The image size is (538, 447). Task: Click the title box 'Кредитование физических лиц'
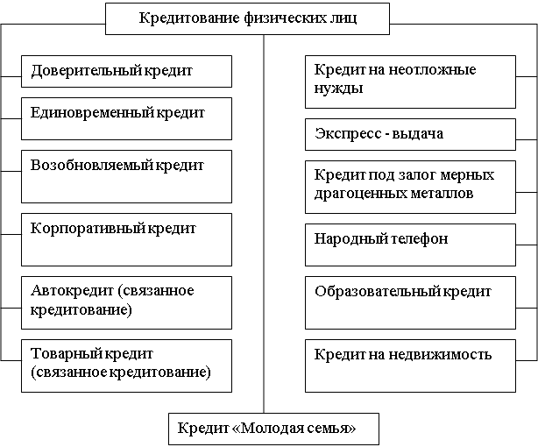[247, 19]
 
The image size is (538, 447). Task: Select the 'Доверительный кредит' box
[126, 71]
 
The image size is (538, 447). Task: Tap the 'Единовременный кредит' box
[126, 119]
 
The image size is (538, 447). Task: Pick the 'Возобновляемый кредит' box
[126, 176]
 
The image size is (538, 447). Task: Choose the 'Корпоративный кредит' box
[126, 239]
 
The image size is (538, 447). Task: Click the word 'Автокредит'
[72, 290]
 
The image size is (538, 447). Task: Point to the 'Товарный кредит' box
[126, 366]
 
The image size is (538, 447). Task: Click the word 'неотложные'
[432, 70]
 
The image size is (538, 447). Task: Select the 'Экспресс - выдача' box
[410, 135]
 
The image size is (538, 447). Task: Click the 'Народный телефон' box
[410, 245]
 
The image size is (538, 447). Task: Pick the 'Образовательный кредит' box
[410, 302]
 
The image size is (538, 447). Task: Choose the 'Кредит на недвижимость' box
[410, 366]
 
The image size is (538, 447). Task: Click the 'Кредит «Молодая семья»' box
[273, 429]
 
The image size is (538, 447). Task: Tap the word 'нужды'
[338, 89]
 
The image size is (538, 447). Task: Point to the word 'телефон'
[420, 238]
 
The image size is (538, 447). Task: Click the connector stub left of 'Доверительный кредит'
[11, 76]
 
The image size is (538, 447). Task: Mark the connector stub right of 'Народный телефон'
[527, 245]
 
